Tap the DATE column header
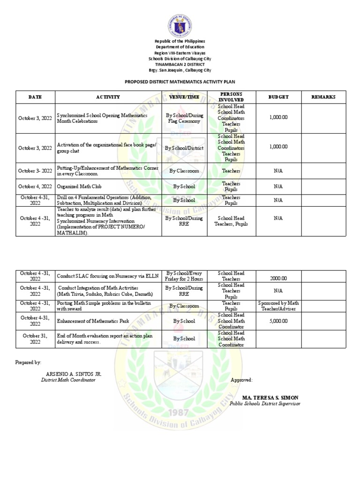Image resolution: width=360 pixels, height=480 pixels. pyautogui.click(x=35, y=97)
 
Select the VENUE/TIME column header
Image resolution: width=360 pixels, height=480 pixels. pyautogui.click(x=184, y=97)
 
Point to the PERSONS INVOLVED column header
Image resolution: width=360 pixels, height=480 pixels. pyautogui.click(x=231, y=97)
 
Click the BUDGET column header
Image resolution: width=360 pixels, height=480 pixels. pyautogui.click(x=278, y=97)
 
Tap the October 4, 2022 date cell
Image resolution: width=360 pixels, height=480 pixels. pyautogui.click(x=35, y=187)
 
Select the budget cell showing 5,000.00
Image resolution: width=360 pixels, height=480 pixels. pyautogui.click(x=278, y=321)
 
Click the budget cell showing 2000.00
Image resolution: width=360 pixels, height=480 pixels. pyautogui.click(x=278, y=278)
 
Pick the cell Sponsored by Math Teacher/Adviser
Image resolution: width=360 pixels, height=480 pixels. pyautogui.click(x=278, y=306)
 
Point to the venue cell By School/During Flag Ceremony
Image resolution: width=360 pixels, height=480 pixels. pyautogui.click(x=184, y=118)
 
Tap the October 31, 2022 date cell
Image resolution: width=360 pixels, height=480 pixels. pyautogui.click(x=35, y=338)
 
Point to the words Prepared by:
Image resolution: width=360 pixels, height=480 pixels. pyautogui.click(x=28, y=363)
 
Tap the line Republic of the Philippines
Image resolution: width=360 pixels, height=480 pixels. pyautogui.click(x=180, y=41)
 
